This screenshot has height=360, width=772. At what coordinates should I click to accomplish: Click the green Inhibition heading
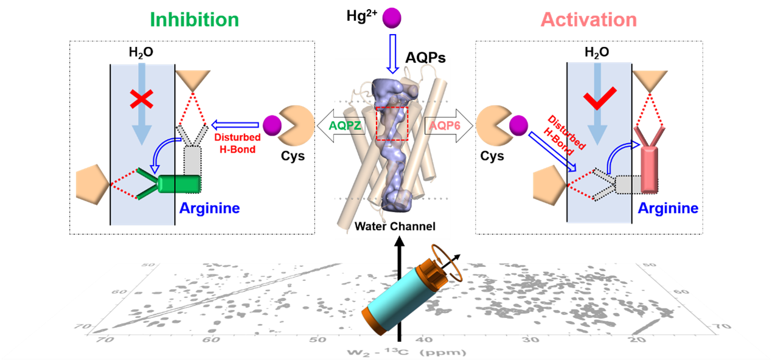tap(194, 19)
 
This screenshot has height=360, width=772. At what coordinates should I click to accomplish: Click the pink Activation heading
tap(588, 19)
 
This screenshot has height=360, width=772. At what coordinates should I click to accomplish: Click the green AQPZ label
tap(346, 126)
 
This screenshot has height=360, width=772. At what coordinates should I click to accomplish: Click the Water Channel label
tap(395, 227)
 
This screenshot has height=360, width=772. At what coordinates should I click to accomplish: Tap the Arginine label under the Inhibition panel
tap(209, 209)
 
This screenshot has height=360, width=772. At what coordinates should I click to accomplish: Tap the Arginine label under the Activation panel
tap(668, 209)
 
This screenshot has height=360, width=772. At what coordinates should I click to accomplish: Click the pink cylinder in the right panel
tap(650, 165)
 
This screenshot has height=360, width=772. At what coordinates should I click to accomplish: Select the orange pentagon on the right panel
tap(549, 185)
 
